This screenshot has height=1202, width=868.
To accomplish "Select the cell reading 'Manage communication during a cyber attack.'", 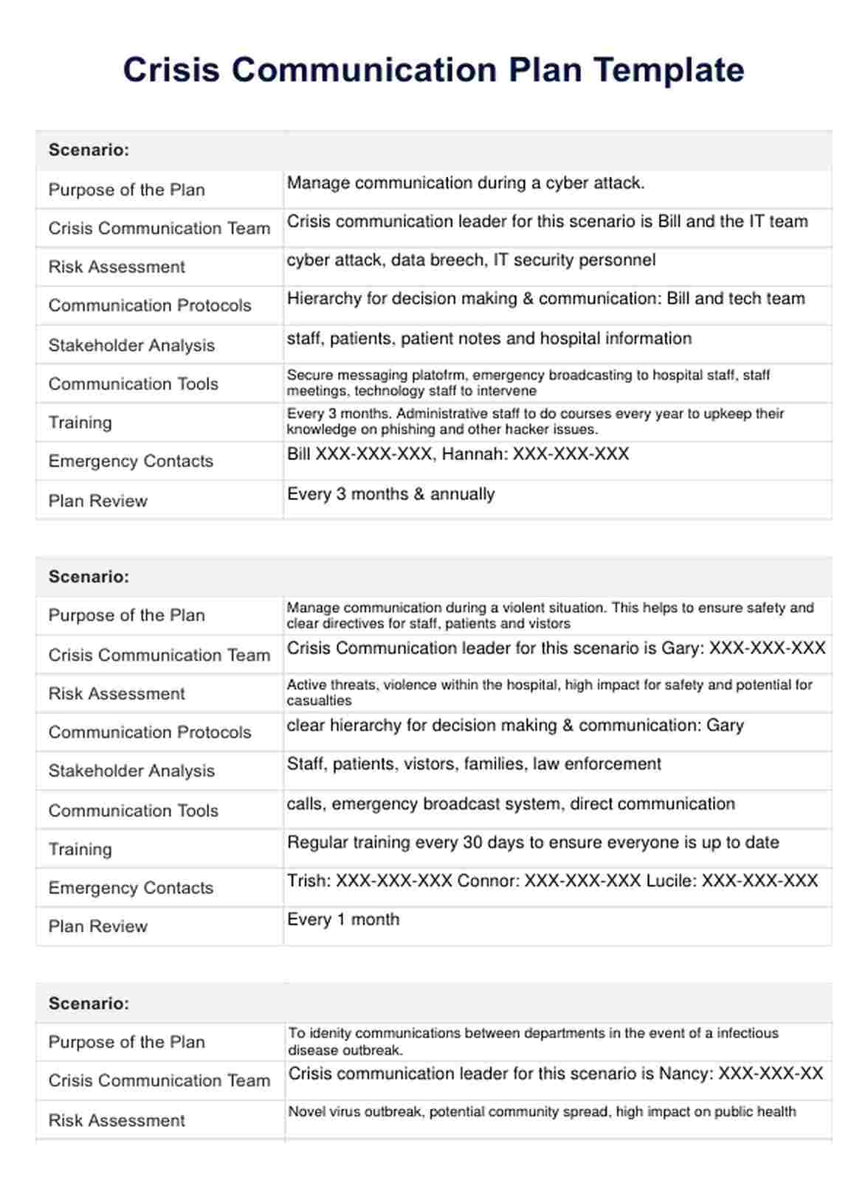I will click(466, 184).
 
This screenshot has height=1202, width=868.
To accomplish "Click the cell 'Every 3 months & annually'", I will click(391, 494).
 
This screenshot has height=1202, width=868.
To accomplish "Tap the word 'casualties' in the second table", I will click(320, 701).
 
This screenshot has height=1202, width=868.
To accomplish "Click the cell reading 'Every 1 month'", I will click(343, 920).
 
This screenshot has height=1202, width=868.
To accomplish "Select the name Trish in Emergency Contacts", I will click(309, 881).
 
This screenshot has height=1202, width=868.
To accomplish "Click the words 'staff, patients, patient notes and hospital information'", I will click(489, 339).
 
